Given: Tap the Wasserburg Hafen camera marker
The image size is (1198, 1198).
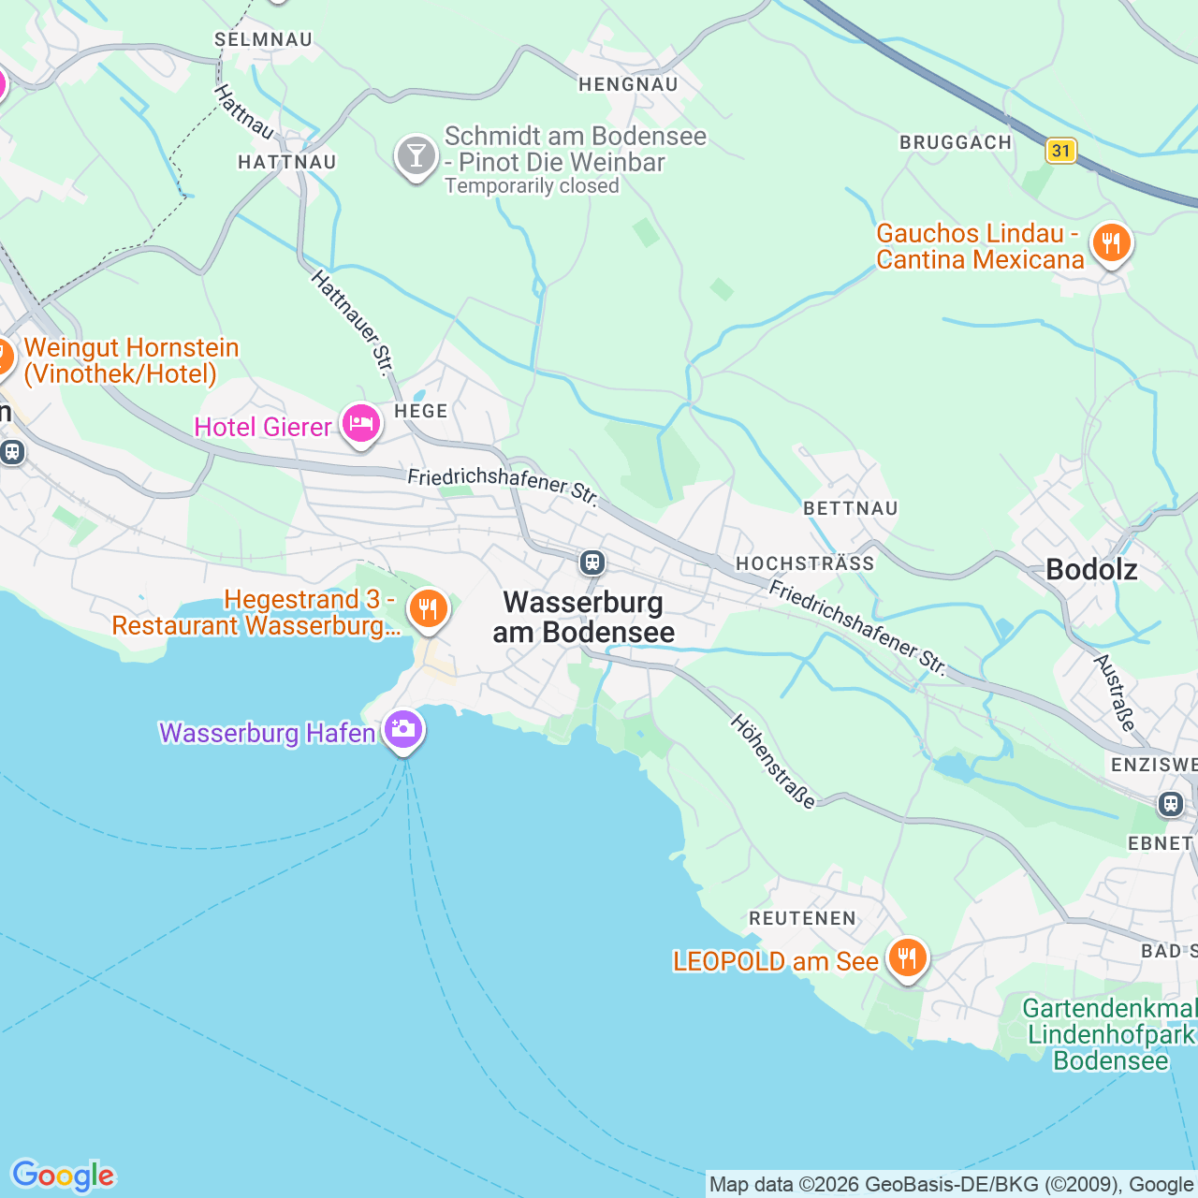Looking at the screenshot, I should (x=403, y=729).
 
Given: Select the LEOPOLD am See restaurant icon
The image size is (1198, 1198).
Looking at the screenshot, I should (x=906, y=958).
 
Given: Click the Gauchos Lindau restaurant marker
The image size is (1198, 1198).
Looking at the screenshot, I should (x=1110, y=244).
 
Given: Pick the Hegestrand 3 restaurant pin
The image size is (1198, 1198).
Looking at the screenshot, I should (x=428, y=609).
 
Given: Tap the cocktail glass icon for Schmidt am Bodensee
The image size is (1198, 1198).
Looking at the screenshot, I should (x=416, y=155).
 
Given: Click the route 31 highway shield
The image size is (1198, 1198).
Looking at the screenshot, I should (x=1060, y=151).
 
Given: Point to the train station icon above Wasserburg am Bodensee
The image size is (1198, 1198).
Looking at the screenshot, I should (x=592, y=562).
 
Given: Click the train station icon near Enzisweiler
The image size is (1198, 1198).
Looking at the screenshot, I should (x=1170, y=804).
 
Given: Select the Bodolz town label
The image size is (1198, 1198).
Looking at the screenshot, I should (x=1091, y=570).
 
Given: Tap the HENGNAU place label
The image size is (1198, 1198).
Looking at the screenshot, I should (x=628, y=84).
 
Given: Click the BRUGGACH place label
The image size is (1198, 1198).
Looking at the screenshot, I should (x=956, y=142).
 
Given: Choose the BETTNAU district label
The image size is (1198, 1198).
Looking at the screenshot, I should (x=851, y=508).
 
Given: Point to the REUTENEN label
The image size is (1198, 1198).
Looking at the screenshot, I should (x=802, y=918).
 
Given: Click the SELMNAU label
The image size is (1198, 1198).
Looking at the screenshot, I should (x=263, y=39).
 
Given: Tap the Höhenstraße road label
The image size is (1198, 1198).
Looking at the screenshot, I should (x=773, y=761).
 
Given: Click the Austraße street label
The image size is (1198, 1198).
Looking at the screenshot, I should (x=1115, y=693).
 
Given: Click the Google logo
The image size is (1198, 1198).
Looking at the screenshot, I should (x=63, y=1176).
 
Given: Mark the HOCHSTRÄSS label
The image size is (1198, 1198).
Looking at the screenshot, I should (x=805, y=563).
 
